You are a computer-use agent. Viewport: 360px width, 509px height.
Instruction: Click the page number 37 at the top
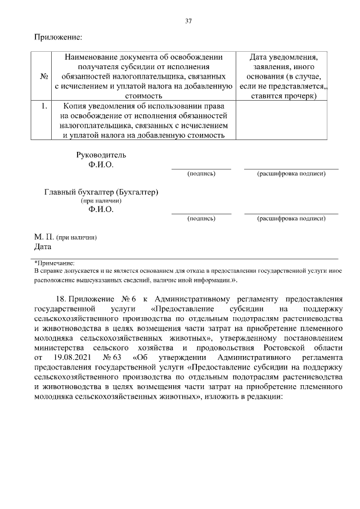pyautogui.click(x=188, y=21)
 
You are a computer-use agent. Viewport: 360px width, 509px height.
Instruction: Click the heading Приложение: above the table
pyautogui.click(x=58, y=37)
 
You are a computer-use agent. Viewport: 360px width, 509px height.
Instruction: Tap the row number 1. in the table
pyautogui.click(x=42, y=106)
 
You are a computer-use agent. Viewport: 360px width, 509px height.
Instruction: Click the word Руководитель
pyautogui.click(x=101, y=155)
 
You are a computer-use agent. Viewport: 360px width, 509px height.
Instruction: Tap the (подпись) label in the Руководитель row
pyautogui.click(x=201, y=174)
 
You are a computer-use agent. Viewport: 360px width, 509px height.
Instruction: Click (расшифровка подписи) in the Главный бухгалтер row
pyautogui.click(x=291, y=218)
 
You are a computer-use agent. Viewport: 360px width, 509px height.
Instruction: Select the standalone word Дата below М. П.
pyautogui.click(x=43, y=246)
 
